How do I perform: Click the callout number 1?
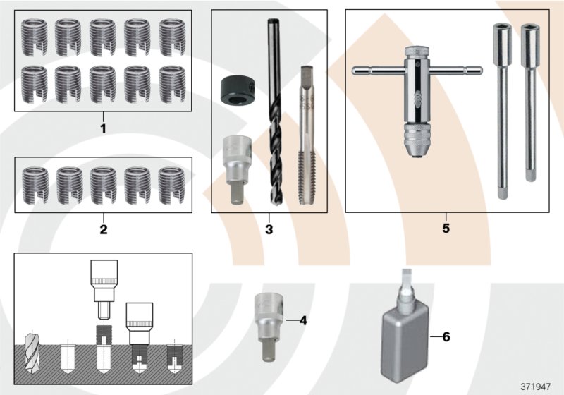click(103, 129)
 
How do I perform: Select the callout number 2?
click(103, 229)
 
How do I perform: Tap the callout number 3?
click(269, 229)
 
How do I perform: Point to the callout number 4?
click(303, 320)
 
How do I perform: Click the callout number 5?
click(446, 229)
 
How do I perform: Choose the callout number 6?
click(446, 337)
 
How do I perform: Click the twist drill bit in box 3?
click(273, 113)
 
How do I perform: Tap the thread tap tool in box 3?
click(306, 134)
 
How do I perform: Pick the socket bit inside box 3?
click(234, 169)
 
